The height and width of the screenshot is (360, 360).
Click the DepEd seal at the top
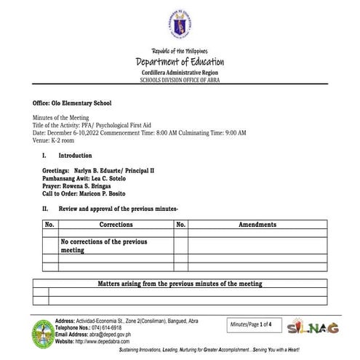point(179,27)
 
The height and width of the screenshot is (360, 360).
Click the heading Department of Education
point(180,62)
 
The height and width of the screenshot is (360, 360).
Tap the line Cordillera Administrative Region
point(180,73)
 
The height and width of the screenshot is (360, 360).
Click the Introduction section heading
point(75,156)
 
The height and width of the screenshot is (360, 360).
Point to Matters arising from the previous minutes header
point(180,284)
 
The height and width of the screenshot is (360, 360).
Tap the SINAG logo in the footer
point(313,327)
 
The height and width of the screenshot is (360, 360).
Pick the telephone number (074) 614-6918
point(110,328)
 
